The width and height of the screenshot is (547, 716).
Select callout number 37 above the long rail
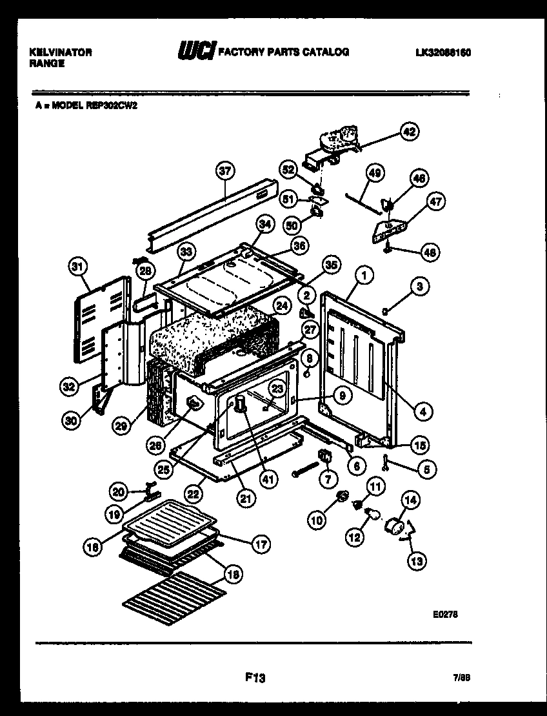tap(224, 172)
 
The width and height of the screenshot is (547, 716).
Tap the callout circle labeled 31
tap(77, 265)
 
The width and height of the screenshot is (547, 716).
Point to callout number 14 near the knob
tap(410, 499)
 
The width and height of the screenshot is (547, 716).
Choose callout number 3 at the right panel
tap(419, 287)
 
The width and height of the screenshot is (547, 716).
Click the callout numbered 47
tap(437, 201)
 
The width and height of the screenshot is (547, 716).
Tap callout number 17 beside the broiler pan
tap(261, 544)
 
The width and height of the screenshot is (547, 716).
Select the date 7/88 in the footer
tap(461, 678)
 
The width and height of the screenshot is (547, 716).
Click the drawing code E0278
tap(445, 615)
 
